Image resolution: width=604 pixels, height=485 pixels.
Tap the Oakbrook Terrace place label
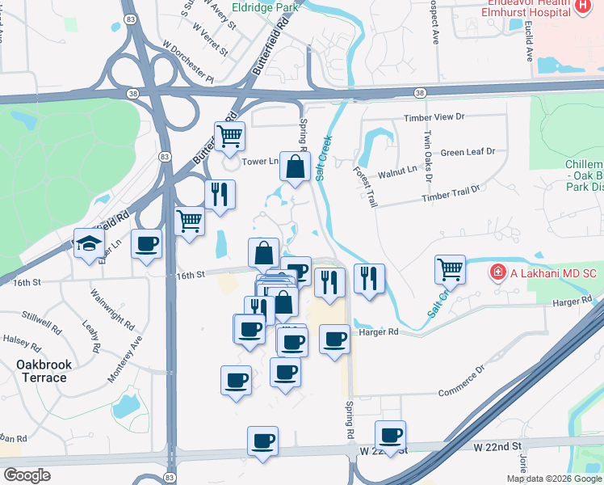(44, 371)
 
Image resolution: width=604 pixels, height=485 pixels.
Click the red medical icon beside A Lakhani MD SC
(499, 273)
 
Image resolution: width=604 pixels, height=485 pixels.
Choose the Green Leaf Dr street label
(468, 152)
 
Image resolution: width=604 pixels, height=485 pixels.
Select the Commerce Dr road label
(461, 382)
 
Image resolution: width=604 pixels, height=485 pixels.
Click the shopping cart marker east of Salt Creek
(450, 268)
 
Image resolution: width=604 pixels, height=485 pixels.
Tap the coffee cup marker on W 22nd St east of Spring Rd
(391, 435)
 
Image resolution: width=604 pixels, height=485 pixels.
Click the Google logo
(27, 475)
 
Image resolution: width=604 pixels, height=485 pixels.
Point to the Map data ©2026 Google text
(554, 479)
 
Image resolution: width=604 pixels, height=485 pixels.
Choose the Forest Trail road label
(365, 188)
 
